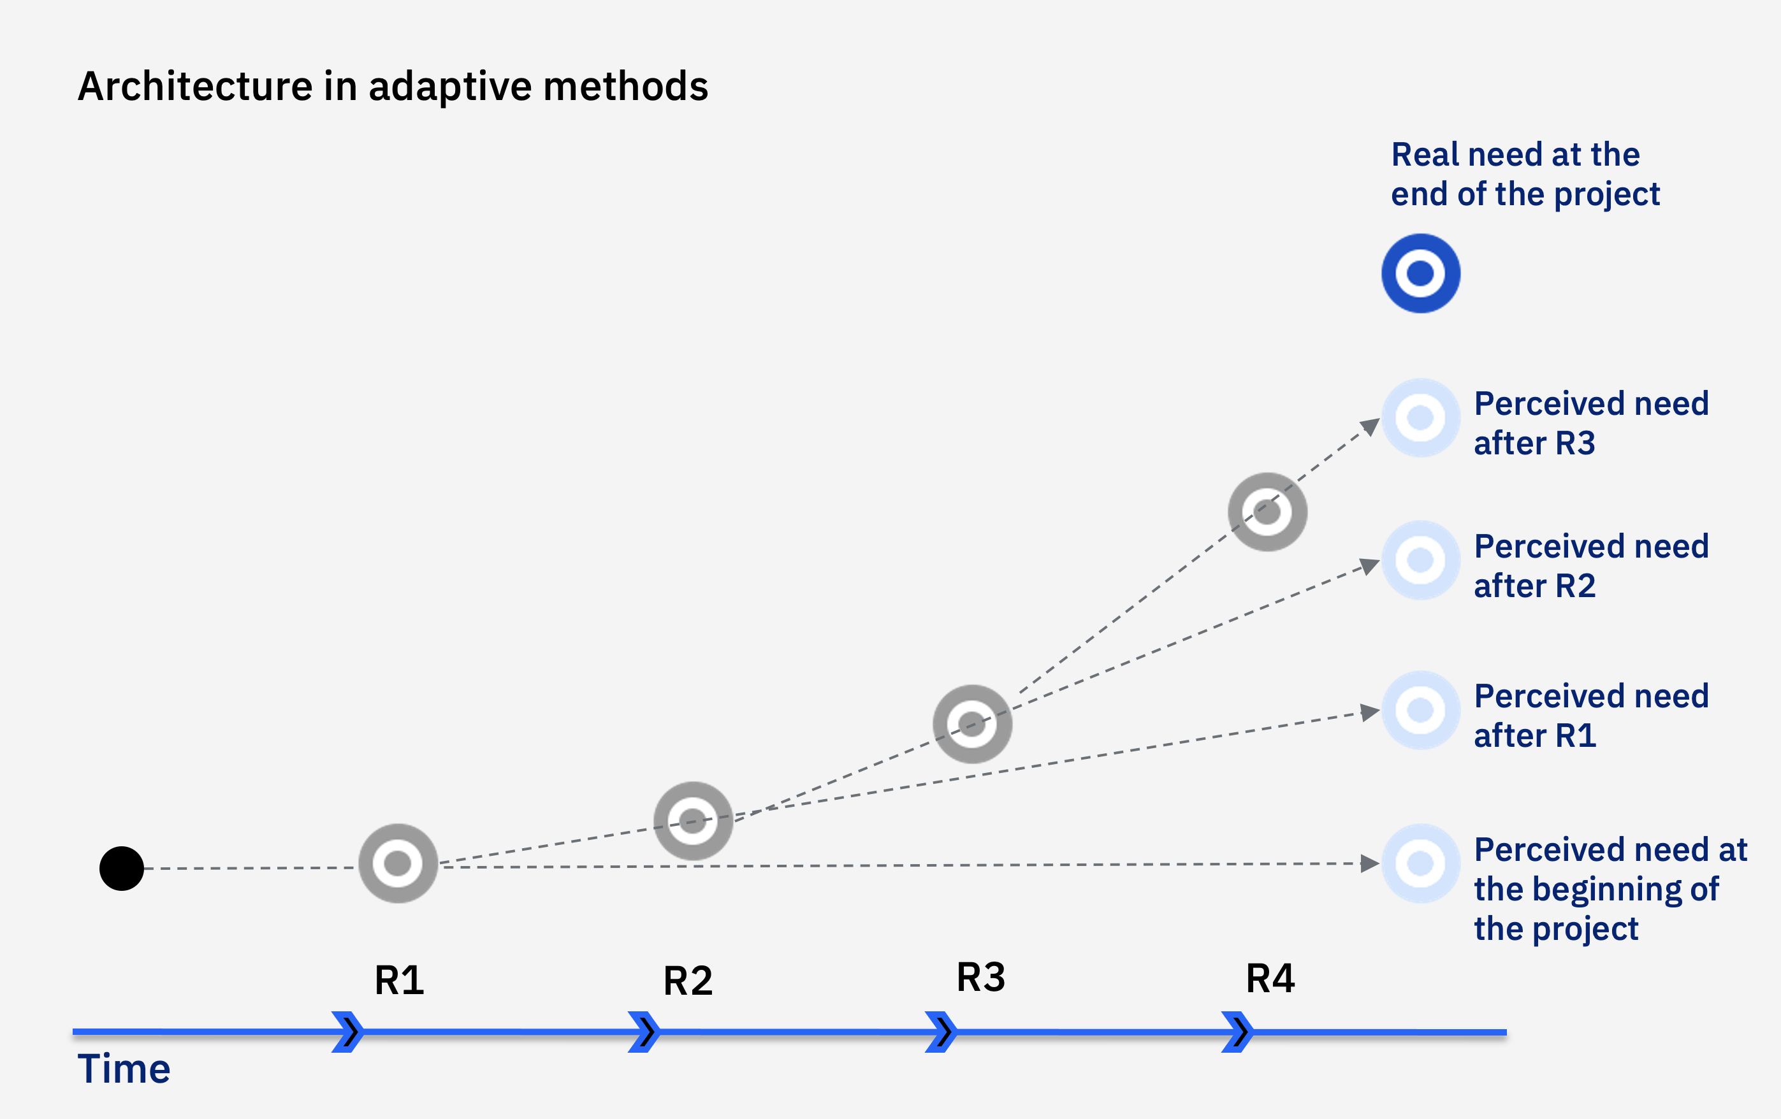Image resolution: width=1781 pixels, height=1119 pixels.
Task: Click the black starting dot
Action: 121,869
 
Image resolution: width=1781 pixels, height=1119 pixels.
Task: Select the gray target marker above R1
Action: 398,863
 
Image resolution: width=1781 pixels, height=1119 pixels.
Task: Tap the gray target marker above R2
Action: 693,820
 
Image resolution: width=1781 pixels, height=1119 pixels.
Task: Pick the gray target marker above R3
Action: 972,724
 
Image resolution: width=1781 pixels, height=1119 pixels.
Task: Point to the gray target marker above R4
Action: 1267,512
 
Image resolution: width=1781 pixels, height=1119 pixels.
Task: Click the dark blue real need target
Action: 1420,273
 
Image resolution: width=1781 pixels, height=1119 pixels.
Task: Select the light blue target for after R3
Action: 1420,418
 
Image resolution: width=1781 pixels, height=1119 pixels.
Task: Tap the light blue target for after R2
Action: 1420,560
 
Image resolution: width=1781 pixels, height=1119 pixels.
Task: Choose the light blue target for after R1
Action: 1420,710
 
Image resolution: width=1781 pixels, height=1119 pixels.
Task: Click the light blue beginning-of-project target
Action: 1420,863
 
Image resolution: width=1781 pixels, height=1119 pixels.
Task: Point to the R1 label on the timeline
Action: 400,981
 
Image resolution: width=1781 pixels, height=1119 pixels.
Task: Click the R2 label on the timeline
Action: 688,981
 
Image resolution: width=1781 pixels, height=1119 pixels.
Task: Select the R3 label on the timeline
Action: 981,977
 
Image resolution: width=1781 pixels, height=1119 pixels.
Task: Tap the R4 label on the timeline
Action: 1270,978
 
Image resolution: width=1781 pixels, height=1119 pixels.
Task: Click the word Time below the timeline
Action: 124,1069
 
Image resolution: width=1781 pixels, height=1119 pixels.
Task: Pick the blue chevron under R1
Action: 347,1032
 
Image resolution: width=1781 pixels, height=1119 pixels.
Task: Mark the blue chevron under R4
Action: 1237,1032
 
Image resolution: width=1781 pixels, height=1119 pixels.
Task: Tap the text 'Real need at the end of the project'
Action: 1525,175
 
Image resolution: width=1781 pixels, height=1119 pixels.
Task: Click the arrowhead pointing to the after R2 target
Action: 1369,567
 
